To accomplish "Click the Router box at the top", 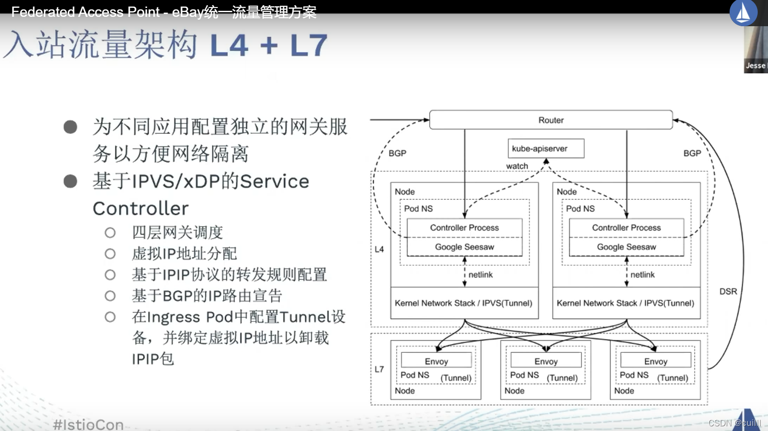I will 551,120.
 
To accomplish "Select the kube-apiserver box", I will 546,148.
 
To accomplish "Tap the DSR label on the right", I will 728,292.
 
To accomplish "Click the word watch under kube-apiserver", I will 517,166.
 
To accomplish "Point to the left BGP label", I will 397,153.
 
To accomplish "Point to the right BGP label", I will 692,153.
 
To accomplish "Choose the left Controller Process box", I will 464,228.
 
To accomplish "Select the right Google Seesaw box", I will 626,247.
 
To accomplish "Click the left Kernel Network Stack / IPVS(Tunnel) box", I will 464,303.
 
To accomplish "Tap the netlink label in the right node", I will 642,275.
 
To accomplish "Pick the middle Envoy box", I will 546,361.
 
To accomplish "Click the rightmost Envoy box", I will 656,361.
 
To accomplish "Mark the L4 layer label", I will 379,249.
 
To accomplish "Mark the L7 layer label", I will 379,369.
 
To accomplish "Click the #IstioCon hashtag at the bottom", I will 89,424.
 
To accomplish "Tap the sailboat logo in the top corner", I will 743,12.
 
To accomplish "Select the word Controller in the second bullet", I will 141,208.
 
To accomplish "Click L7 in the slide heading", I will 308,45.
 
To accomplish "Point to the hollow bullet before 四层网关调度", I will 110,233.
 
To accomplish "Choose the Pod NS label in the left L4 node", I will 418,209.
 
